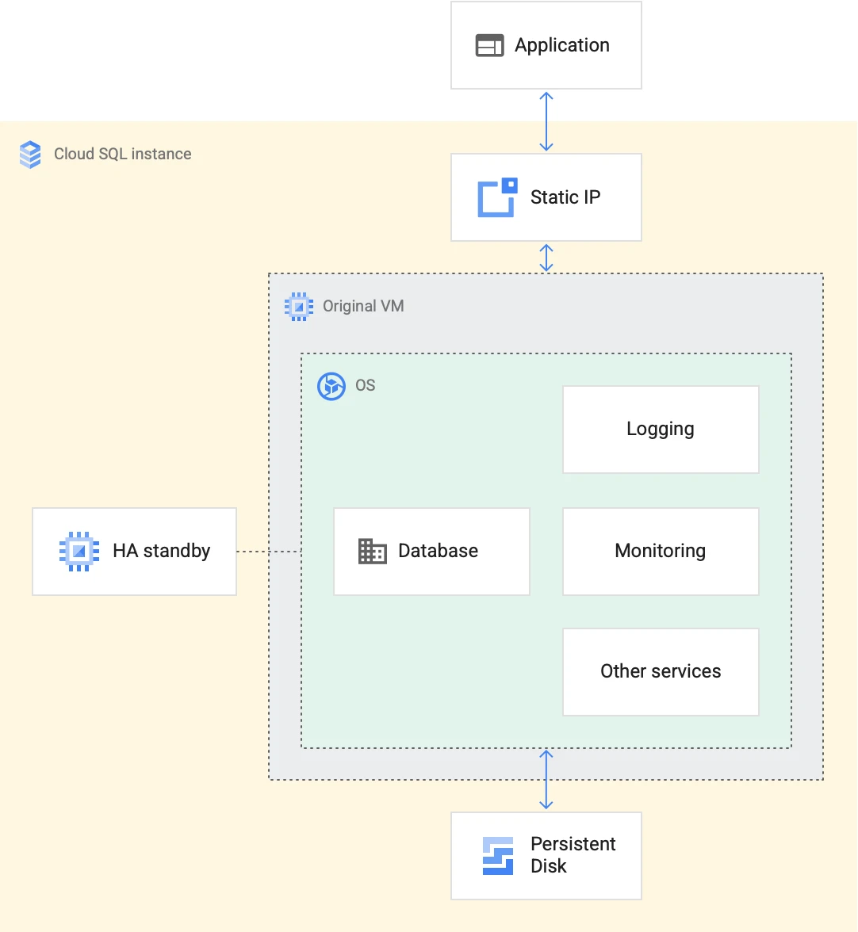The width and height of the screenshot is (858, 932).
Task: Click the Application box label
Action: (x=561, y=45)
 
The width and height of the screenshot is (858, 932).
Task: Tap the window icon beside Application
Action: (x=489, y=46)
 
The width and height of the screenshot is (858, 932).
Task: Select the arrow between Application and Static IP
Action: (x=546, y=121)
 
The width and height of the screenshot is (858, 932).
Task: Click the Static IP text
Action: (x=565, y=197)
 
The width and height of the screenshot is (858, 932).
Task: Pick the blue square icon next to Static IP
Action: (x=497, y=197)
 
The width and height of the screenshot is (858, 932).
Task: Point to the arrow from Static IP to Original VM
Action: (x=546, y=258)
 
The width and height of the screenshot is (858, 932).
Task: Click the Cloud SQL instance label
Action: (x=122, y=154)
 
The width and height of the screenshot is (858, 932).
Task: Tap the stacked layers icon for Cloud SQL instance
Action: (x=30, y=155)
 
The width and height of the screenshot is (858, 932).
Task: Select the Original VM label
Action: (x=363, y=306)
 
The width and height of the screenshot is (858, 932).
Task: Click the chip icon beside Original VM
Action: (x=299, y=307)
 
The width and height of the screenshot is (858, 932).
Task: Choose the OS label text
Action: (x=365, y=386)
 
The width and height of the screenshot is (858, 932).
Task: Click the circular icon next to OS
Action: (x=331, y=387)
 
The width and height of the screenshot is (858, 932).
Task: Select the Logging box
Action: (x=661, y=430)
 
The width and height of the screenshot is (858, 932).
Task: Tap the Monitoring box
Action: (x=661, y=551)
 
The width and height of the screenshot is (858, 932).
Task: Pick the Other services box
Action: (x=661, y=672)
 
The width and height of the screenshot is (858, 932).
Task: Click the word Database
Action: (x=438, y=551)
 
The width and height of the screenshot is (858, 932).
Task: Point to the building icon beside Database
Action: (x=372, y=551)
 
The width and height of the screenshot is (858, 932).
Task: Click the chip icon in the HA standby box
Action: (x=79, y=551)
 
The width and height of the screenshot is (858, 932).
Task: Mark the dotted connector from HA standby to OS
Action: (x=269, y=551)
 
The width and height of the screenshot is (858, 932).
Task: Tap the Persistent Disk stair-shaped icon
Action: (x=498, y=856)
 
